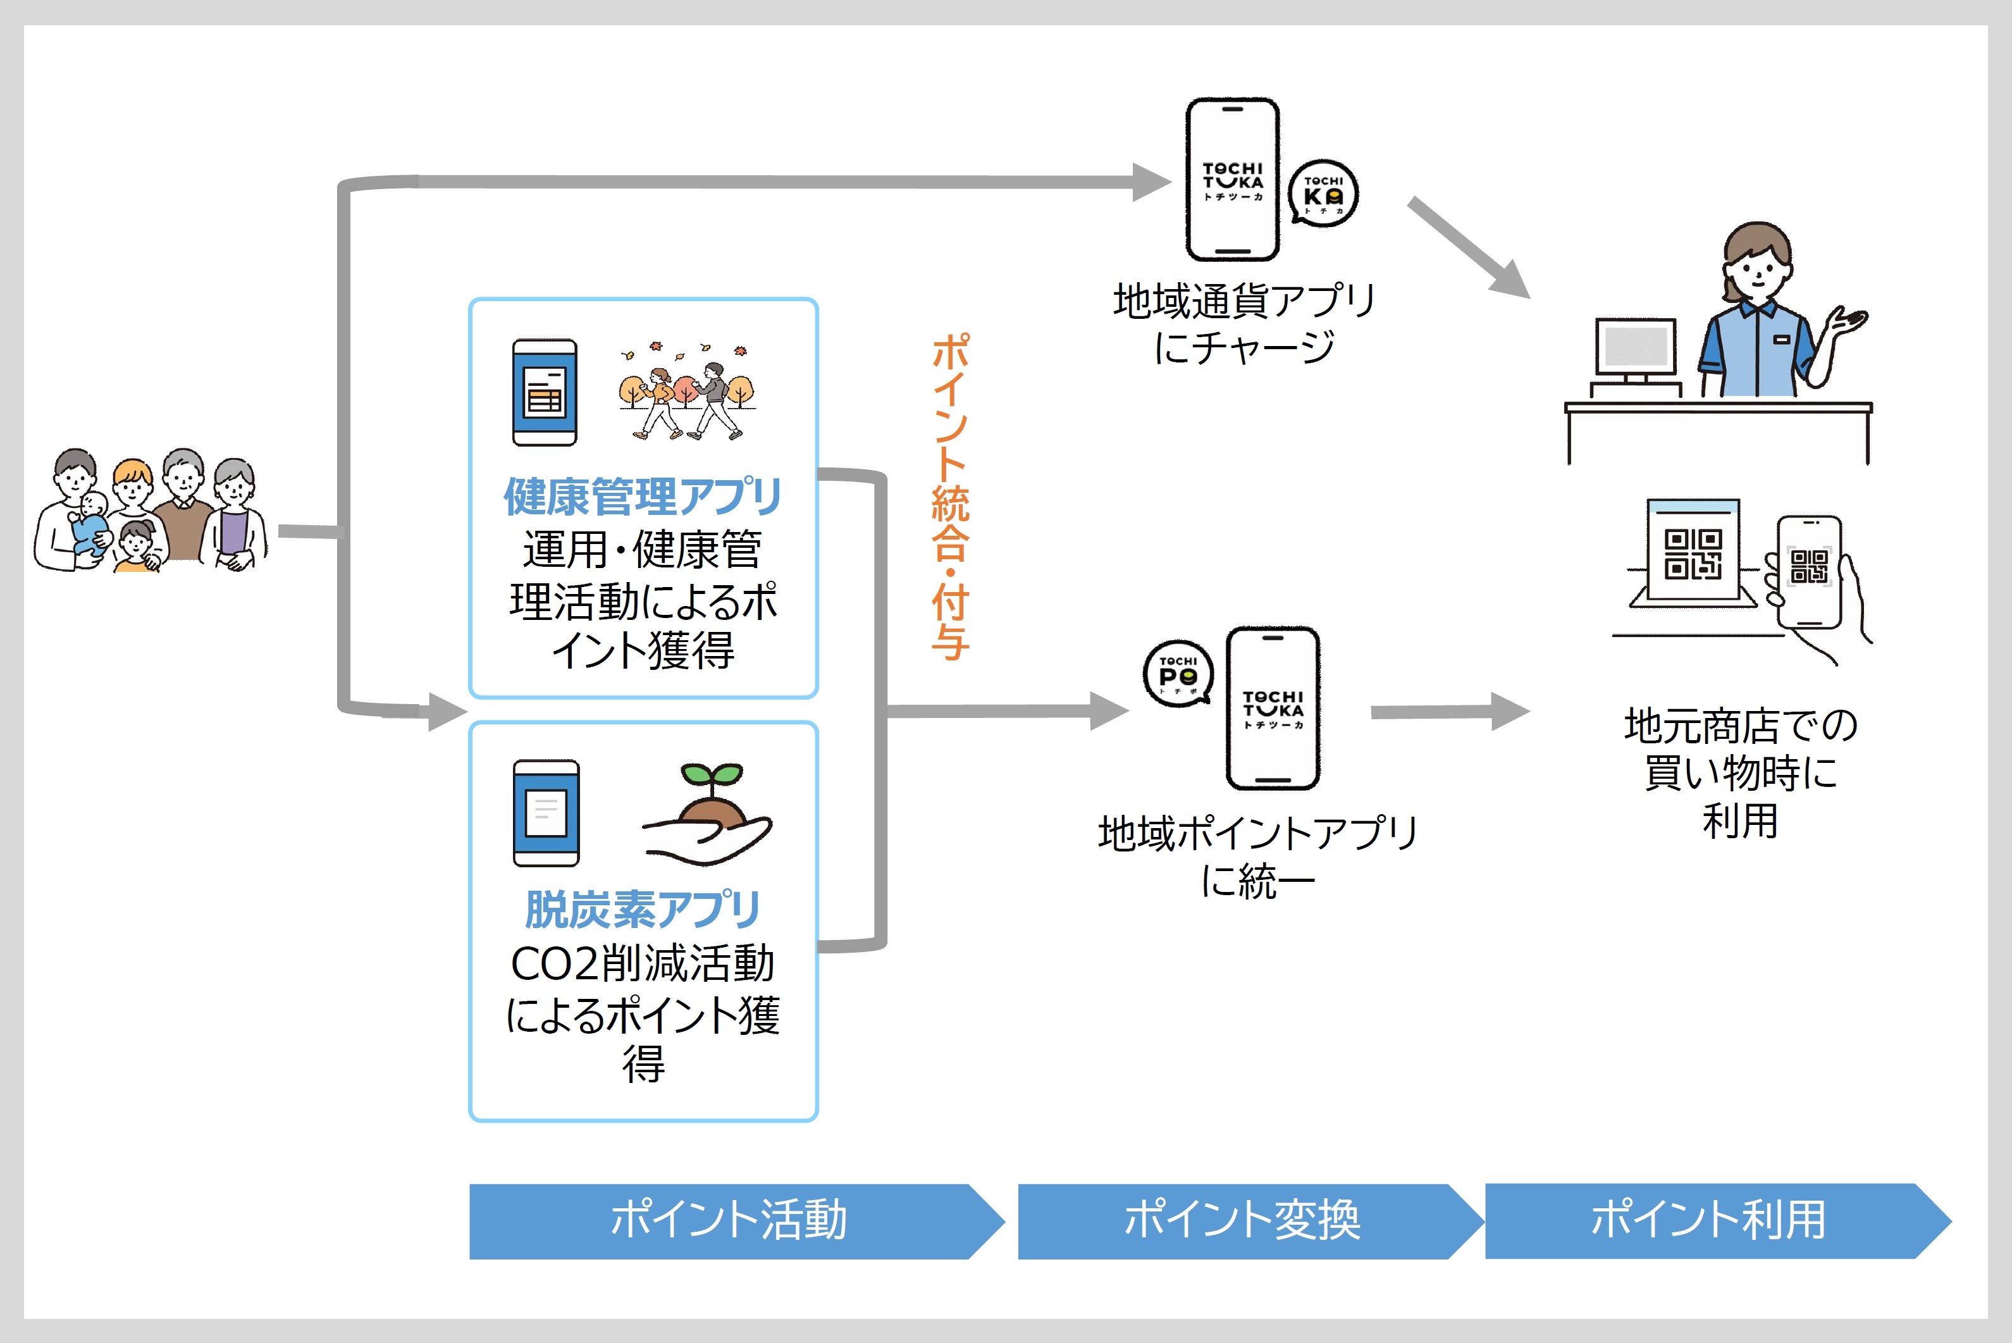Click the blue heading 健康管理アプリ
click(642, 497)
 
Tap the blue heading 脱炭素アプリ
click(642, 910)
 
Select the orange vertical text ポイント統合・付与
click(951, 497)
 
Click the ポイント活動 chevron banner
click(728, 1220)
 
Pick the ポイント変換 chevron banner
click(1242, 1220)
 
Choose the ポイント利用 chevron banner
click(1708, 1220)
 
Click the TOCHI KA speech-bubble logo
click(1324, 194)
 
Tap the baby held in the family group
click(90, 523)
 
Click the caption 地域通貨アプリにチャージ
click(1244, 324)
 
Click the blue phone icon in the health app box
click(545, 392)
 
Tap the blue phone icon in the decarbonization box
click(546, 813)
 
